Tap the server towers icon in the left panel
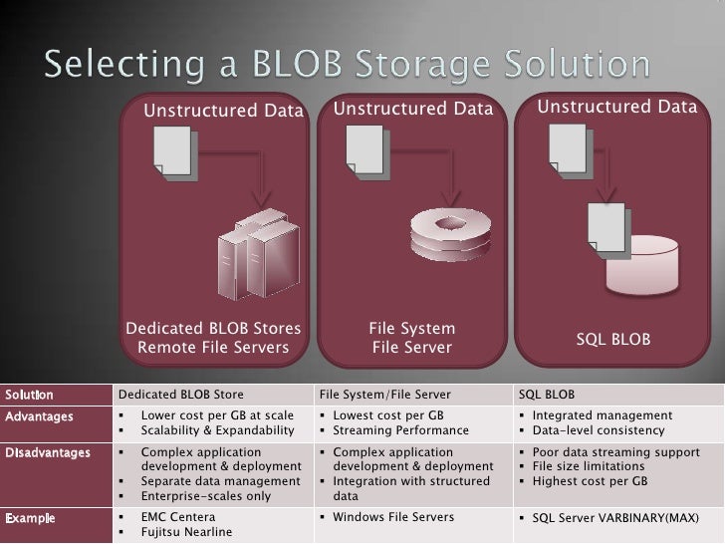tap(257, 250)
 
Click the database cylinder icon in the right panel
tap(642, 265)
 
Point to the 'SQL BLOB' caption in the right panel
tap(613, 340)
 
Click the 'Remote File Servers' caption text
tap(213, 348)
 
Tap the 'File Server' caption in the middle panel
tap(411, 348)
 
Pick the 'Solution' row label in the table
tap(29, 395)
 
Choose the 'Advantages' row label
tap(39, 415)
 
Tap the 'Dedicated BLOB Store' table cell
tap(180, 395)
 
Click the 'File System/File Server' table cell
tap(387, 395)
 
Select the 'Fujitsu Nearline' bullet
tap(186, 532)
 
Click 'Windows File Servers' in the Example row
tap(393, 517)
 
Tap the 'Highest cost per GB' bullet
tap(591, 481)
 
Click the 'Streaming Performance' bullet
tap(400, 430)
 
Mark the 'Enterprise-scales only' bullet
tap(206, 496)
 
